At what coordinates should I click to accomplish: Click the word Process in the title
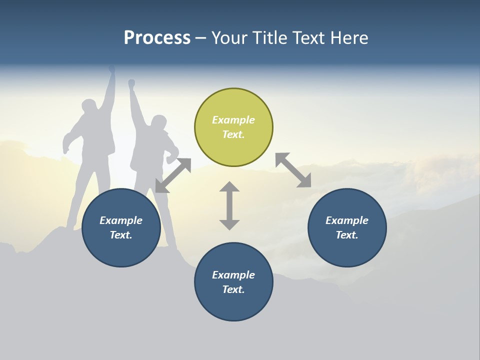[157, 38]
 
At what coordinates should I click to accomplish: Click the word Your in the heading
[229, 38]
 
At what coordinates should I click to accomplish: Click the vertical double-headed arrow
[229, 205]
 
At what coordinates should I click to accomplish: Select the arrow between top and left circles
[173, 175]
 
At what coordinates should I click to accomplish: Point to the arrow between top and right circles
[293, 170]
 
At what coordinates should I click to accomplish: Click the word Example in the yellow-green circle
[233, 120]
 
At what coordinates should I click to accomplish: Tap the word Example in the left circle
[121, 220]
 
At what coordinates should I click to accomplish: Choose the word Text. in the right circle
[347, 235]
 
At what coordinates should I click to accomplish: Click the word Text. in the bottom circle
[233, 289]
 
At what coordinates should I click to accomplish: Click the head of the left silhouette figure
[89, 107]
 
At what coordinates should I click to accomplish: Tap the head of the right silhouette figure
[158, 123]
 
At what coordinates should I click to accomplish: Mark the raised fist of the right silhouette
[131, 83]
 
